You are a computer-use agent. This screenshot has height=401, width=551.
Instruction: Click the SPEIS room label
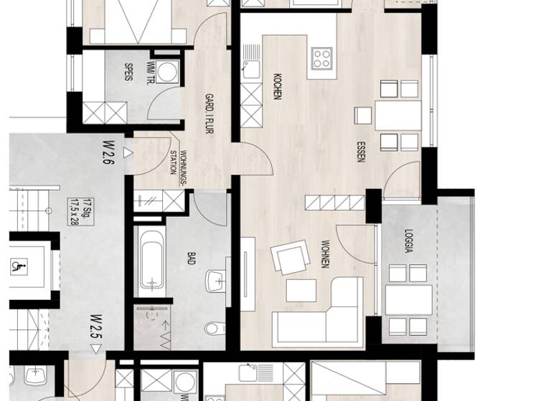click(128, 72)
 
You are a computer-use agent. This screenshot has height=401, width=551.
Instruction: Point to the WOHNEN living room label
click(325, 253)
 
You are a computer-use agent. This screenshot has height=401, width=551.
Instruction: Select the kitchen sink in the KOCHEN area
click(251, 69)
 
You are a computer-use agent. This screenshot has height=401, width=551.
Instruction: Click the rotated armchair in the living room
click(291, 258)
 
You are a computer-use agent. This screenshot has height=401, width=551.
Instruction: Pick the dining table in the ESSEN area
click(398, 115)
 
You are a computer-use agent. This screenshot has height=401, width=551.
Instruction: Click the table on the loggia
click(408, 300)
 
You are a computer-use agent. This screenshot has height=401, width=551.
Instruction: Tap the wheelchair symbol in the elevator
click(16, 266)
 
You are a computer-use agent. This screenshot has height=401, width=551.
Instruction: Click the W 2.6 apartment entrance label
click(108, 153)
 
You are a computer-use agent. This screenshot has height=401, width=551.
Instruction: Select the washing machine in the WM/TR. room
click(168, 72)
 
